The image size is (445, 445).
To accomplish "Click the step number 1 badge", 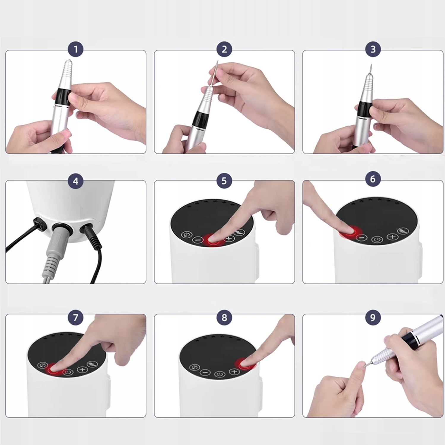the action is point(76,49).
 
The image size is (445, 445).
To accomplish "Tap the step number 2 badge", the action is point(224,49).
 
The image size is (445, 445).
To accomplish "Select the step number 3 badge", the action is point(373,49).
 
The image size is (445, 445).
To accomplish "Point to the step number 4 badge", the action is point(76,181).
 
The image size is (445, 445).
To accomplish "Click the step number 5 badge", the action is point(224,181).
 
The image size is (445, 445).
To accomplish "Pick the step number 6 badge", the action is point(373,179).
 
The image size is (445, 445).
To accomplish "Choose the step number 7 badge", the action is point(76,317).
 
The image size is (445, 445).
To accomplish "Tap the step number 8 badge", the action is point(224,317).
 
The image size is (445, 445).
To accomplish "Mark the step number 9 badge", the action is point(373,317).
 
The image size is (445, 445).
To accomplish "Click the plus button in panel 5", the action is point(229,238).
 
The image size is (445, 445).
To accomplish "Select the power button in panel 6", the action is point(377,239).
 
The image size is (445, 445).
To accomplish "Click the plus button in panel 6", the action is point(392,236).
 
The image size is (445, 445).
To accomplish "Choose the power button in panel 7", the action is point(68,372).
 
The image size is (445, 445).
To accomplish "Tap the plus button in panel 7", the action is point(82,370).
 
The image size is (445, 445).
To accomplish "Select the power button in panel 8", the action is point(220,374).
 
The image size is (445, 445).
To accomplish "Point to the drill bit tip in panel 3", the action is point(371,65).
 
